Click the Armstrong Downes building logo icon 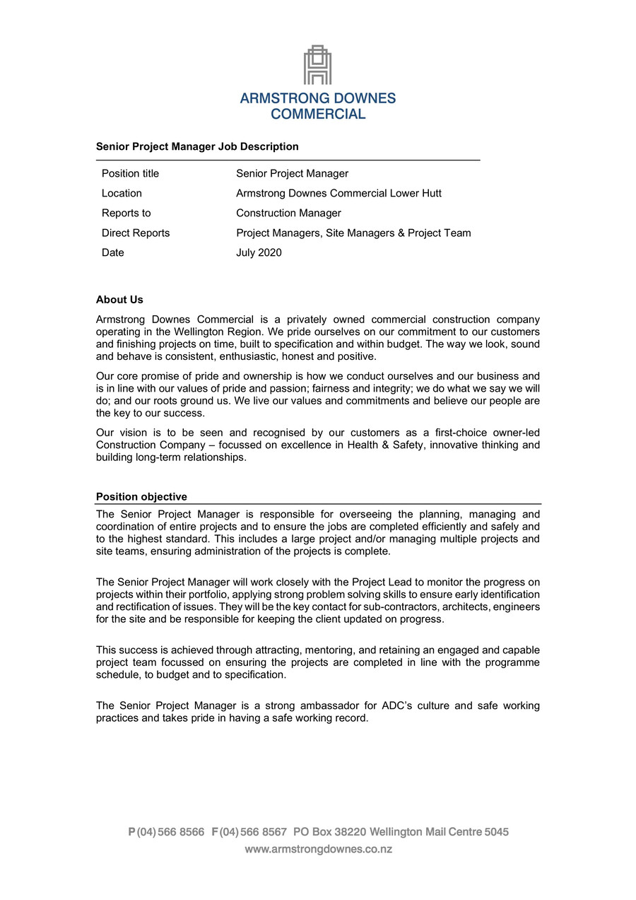click(x=318, y=65)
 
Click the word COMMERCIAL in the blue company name click(x=318, y=114)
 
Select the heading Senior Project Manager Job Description click(x=197, y=146)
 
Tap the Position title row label click(x=130, y=173)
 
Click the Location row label click(x=122, y=193)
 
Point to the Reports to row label click(x=126, y=213)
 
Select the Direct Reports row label click(x=136, y=233)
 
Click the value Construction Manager click(x=288, y=213)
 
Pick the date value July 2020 click(x=259, y=252)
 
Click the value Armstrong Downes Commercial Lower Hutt click(x=338, y=193)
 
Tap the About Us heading click(x=119, y=300)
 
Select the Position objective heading click(x=141, y=497)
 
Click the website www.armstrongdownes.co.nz click(x=318, y=849)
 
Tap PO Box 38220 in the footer click(x=329, y=832)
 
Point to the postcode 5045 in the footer click(x=496, y=832)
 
